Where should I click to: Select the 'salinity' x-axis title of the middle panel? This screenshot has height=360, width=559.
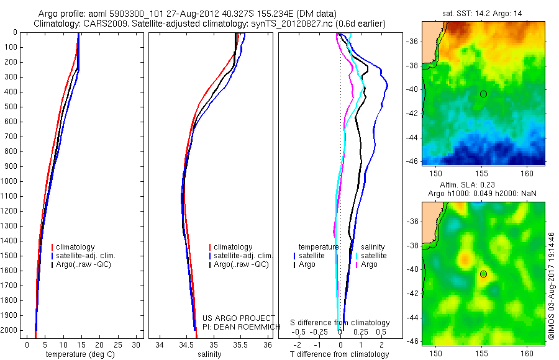[209, 354]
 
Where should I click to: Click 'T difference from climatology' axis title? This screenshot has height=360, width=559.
[339, 354]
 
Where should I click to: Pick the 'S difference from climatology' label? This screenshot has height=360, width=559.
[340, 323]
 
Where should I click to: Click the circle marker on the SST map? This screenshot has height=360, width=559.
[483, 94]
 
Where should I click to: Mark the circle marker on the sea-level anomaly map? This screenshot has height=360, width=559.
[483, 274]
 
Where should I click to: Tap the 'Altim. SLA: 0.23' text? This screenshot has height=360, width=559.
[483, 186]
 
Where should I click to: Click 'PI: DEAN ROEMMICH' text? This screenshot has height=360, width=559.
[239, 326]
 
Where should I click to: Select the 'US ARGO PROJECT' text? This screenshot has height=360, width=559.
[239, 318]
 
